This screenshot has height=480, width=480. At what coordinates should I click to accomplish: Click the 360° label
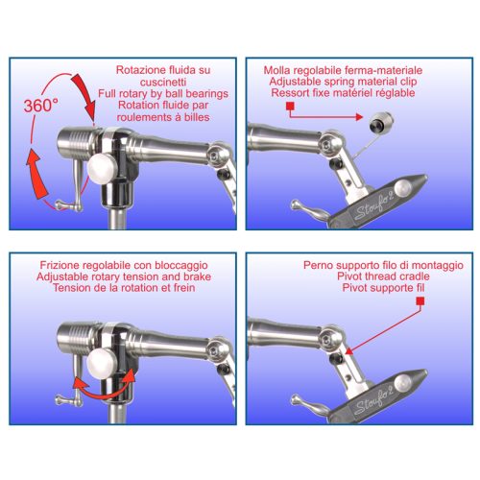[41, 106]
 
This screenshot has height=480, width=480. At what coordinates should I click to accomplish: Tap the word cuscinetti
[163, 82]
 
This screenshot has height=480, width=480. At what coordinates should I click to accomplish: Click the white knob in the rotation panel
[103, 168]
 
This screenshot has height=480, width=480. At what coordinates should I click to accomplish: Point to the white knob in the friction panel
[103, 364]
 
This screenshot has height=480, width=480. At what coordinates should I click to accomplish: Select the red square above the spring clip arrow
[290, 107]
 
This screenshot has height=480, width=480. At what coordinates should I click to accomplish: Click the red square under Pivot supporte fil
[420, 301]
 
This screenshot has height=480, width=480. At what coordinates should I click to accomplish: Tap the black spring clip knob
[381, 122]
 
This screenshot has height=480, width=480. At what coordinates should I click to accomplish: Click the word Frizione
[60, 265]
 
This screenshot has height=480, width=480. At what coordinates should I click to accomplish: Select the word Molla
[276, 70]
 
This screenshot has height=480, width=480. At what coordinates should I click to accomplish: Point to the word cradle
[415, 276]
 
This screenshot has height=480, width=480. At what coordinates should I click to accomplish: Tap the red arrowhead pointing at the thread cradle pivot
[348, 351]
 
